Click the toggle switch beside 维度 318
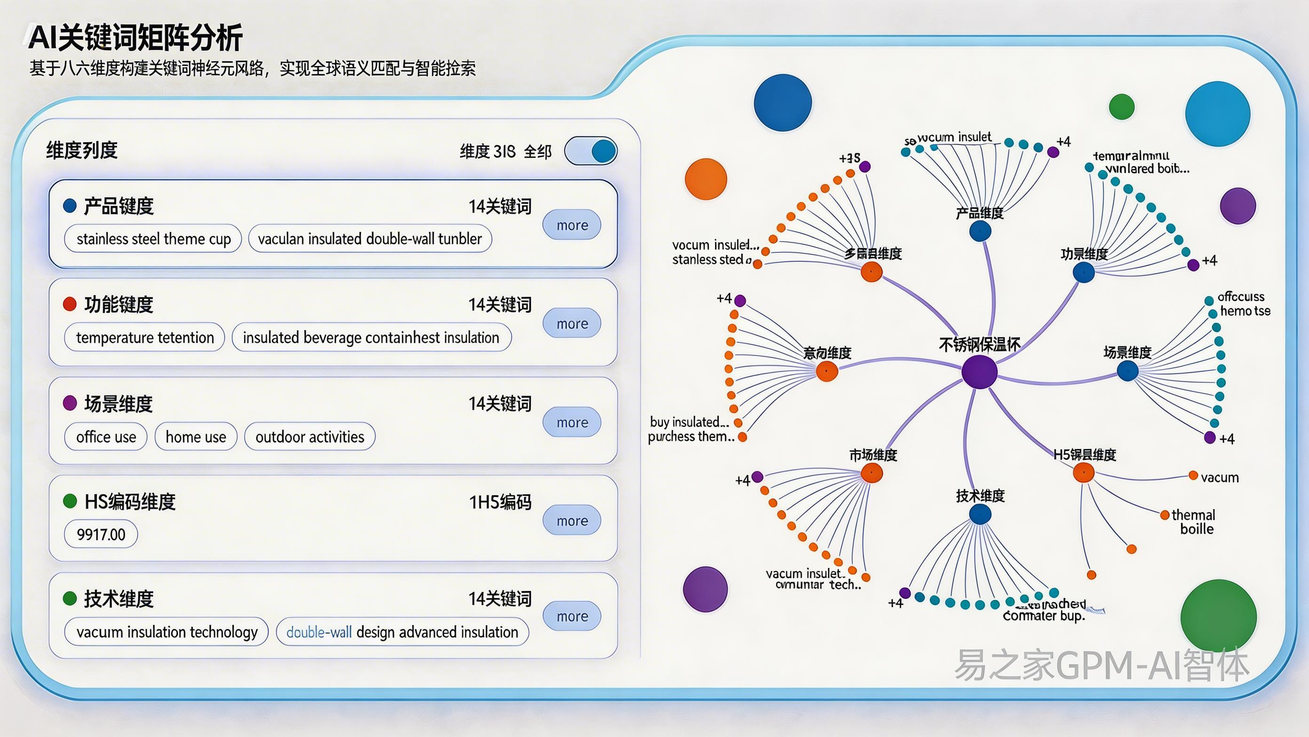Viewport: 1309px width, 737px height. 591,151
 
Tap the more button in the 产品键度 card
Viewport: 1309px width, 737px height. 572,225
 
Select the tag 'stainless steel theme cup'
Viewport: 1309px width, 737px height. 153,239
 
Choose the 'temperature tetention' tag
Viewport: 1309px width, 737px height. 145,337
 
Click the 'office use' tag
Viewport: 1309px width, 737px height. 106,436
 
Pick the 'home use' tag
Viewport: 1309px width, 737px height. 196,436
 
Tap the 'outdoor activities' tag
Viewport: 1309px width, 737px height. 309,436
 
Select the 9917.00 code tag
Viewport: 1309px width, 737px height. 101,534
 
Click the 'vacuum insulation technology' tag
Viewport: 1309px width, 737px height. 166,632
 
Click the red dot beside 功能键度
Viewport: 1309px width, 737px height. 70,304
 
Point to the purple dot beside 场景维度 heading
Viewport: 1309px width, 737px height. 70,403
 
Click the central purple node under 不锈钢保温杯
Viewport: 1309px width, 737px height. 979,372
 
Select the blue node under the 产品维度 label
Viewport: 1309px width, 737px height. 980,232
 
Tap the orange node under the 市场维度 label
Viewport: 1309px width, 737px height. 871,473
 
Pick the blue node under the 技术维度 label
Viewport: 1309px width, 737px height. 980,515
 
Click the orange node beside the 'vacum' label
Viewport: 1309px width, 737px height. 1193,475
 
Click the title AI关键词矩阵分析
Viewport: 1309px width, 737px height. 136,38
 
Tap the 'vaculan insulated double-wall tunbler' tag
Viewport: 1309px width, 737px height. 370,239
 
